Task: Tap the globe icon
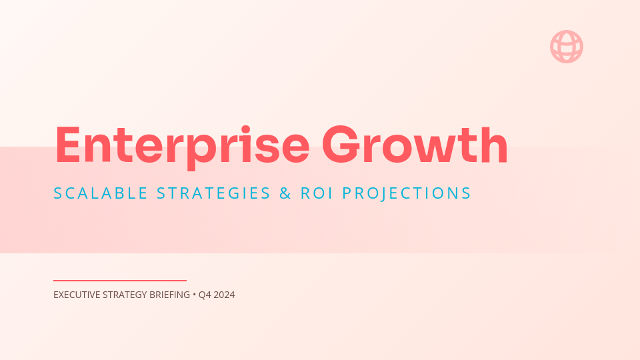pos(567,47)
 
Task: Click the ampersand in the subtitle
pos(285,193)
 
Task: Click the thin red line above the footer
pos(120,281)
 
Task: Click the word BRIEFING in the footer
pos(169,295)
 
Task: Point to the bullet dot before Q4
pos(194,295)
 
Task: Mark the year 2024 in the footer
pos(224,295)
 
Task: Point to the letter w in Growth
pos(440,149)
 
